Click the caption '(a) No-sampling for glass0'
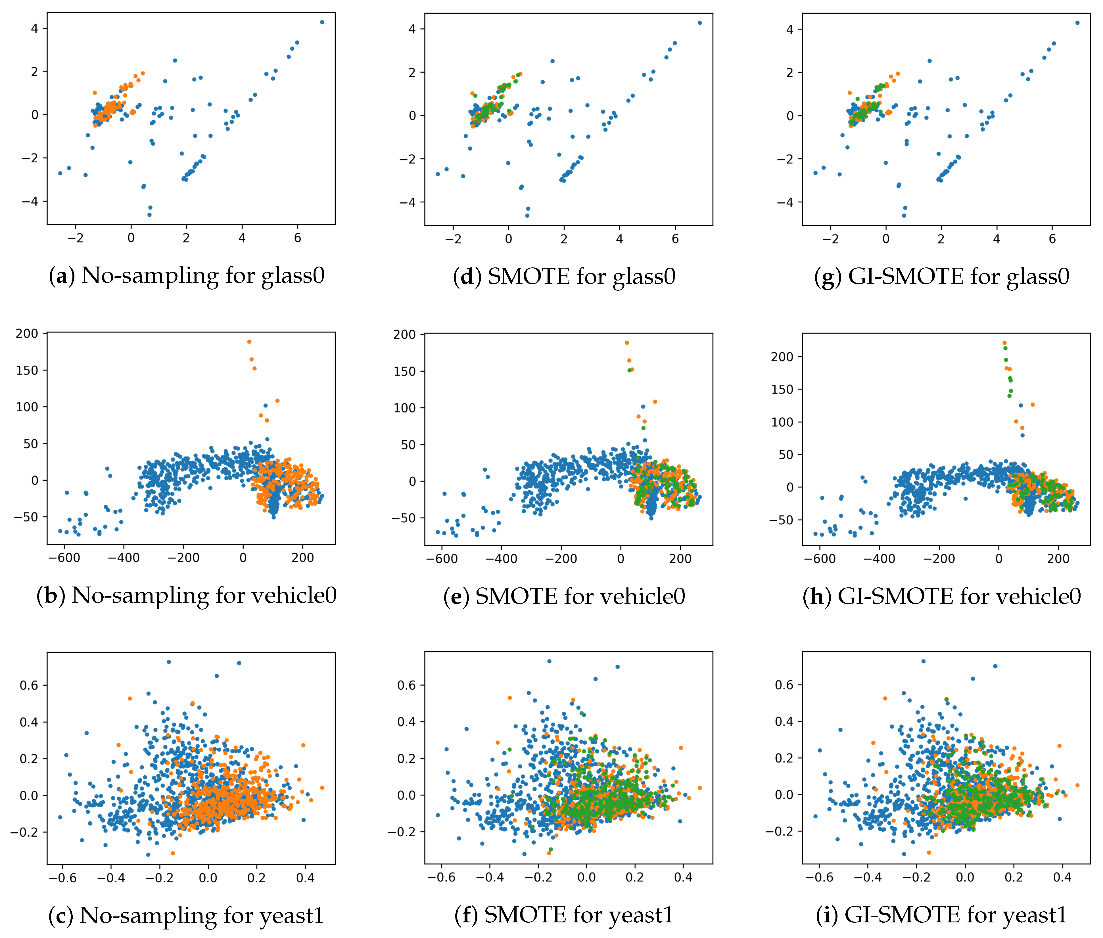pyautogui.click(x=186, y=275)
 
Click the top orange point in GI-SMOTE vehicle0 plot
pyautogui.click(x=1004, y=343)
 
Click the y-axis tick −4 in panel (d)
pyautogui.click(x=408, y=203)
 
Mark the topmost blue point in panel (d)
pyautogui.click(x=699, y=23)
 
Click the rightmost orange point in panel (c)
pyautogui.click(x=322, y=788)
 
